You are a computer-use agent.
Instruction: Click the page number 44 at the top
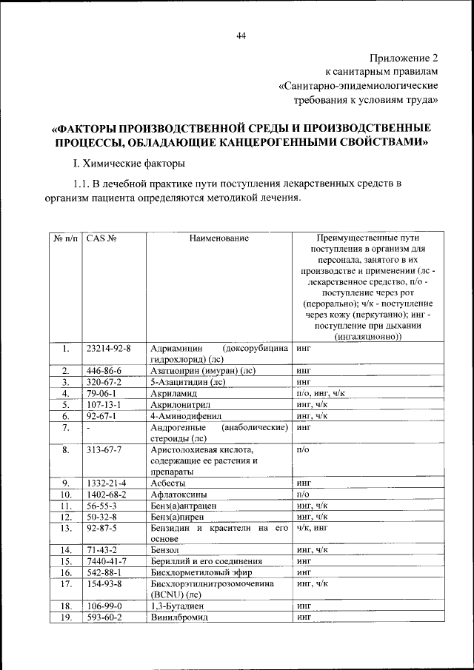241,36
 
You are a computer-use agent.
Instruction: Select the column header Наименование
218,238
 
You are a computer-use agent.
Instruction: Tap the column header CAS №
102,238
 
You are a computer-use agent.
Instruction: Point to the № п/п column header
66,238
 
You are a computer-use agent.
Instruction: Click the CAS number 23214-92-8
108,347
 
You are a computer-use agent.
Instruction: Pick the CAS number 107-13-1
103,405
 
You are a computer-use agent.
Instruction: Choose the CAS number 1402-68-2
106,494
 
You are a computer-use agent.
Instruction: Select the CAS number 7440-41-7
106,561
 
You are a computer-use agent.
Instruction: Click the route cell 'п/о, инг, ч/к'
321,393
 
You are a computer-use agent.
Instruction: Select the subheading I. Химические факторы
127,162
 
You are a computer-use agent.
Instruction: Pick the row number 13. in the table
66,528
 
